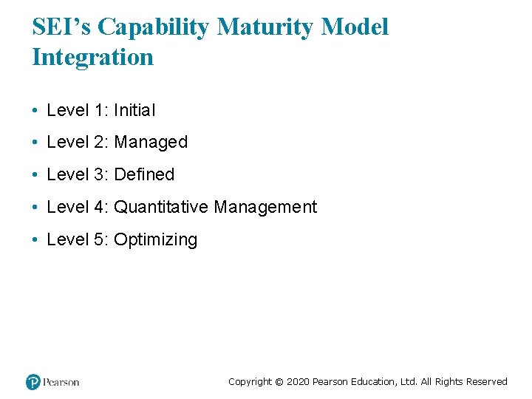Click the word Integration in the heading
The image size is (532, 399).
[92, 57]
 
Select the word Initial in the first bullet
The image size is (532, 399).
[134, 110]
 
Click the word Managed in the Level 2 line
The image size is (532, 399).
[151, 142]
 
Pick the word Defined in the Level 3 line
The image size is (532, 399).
[144, 174]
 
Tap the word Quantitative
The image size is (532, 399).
[161, 207]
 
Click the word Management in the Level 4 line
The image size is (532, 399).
[265, 207]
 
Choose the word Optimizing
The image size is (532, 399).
[156, 239]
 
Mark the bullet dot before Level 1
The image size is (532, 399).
[35, 111]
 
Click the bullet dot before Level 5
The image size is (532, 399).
[35, 240]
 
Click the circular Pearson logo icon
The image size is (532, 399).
[33, 382]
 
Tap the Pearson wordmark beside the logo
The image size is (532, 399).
[61, 382]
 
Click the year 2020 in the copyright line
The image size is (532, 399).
[298, 382]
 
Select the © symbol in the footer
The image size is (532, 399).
[279, 382]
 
